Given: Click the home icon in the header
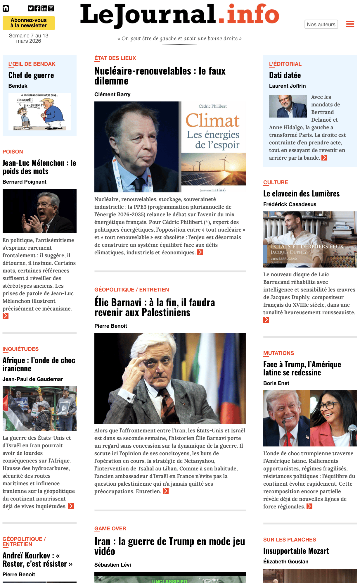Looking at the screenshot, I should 6,8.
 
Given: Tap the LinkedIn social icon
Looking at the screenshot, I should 44,8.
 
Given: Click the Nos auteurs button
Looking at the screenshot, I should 321,25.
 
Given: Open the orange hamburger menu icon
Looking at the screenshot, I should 350,24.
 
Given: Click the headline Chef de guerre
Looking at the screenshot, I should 31,75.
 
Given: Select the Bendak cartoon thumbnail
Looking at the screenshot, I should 39,111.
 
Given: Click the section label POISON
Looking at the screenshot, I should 13,152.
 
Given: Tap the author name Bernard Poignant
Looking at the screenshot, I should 25,182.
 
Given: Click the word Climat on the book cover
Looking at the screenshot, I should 213,121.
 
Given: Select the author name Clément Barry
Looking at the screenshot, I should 112,94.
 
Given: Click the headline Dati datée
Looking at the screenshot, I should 285,75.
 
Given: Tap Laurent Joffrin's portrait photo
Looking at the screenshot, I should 288,106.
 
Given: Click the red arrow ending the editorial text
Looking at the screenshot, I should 324,158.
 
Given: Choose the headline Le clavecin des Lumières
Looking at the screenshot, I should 301,194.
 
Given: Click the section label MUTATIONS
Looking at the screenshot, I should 278,353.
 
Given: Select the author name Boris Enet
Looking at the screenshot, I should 276,383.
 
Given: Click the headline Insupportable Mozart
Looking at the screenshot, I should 296,551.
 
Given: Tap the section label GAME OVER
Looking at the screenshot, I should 110,529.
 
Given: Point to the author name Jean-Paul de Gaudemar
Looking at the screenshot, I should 33,379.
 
